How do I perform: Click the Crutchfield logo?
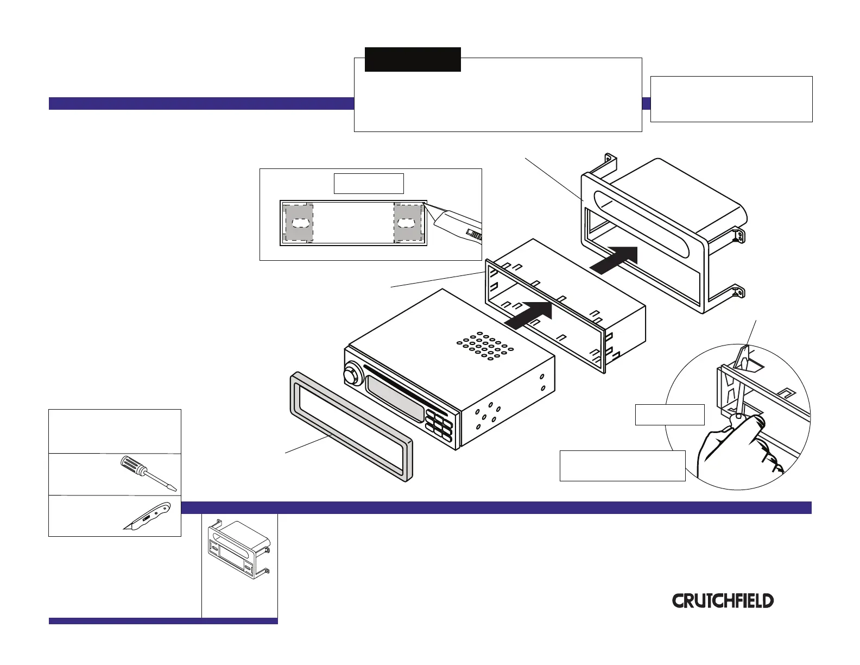(723, 600)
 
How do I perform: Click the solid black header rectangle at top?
(413, 59)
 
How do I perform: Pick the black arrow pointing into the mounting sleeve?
(529, 315)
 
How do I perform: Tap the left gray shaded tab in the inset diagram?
(299, 223)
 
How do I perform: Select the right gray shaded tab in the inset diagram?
(408, 223)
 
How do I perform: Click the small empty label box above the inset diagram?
(368, 184)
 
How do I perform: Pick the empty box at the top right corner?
(731, 99)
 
